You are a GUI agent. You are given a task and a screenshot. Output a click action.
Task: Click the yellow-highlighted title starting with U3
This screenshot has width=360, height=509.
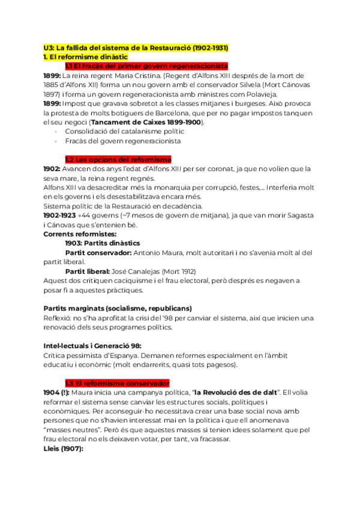pyautogui.click(x=136, y=47)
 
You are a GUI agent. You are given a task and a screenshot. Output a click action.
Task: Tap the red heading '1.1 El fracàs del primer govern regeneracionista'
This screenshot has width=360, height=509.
pyautogui.click(x=146, y=66)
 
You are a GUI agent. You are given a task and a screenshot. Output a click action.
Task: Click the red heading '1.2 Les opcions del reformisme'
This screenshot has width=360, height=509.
pyautogui.click(x=118, y=160)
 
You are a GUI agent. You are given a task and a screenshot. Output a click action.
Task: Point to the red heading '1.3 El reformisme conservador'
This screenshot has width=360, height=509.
pyautogui.click(x=117, y=383)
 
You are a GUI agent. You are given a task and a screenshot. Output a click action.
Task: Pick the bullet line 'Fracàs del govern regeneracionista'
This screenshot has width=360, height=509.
pyautogui.click(x=122, y=141)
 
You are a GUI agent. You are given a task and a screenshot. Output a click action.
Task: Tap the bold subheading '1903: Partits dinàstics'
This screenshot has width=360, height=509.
pyautogui.click(x=102, y=243)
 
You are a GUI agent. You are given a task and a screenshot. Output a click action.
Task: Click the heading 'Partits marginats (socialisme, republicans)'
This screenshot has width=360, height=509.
pyautogui.click(x=118, y=308)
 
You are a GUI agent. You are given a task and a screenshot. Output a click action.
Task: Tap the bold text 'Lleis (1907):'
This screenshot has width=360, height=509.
pyautogui.click(x=63, y=448)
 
